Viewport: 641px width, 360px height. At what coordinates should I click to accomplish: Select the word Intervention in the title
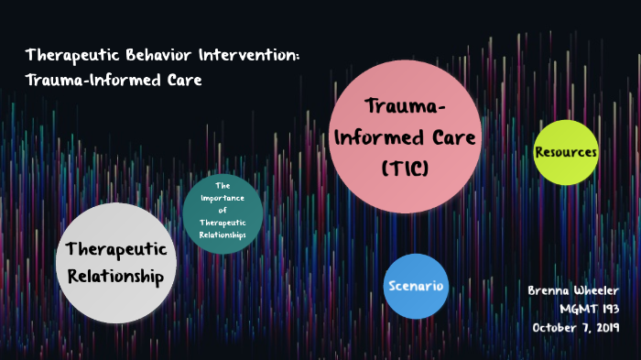[247, 56]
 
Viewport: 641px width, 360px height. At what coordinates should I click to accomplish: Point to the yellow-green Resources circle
[566, 152]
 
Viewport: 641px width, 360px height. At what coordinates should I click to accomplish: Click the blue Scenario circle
[415, 286]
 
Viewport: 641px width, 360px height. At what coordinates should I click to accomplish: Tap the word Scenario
[415, 286]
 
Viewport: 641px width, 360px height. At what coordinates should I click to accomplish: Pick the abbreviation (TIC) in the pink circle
[406, 169]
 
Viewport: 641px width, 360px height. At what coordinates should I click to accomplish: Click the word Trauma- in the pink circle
[406, 108]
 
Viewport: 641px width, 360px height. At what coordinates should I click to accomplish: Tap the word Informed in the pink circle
[375, 139]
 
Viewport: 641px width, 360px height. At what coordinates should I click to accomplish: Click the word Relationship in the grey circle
[115, 276]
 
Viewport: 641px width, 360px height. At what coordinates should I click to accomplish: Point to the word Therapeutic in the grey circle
[115, 249]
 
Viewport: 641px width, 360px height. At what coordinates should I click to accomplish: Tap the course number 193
[606, 309]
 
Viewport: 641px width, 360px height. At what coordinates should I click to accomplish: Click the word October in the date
[552, 328]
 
